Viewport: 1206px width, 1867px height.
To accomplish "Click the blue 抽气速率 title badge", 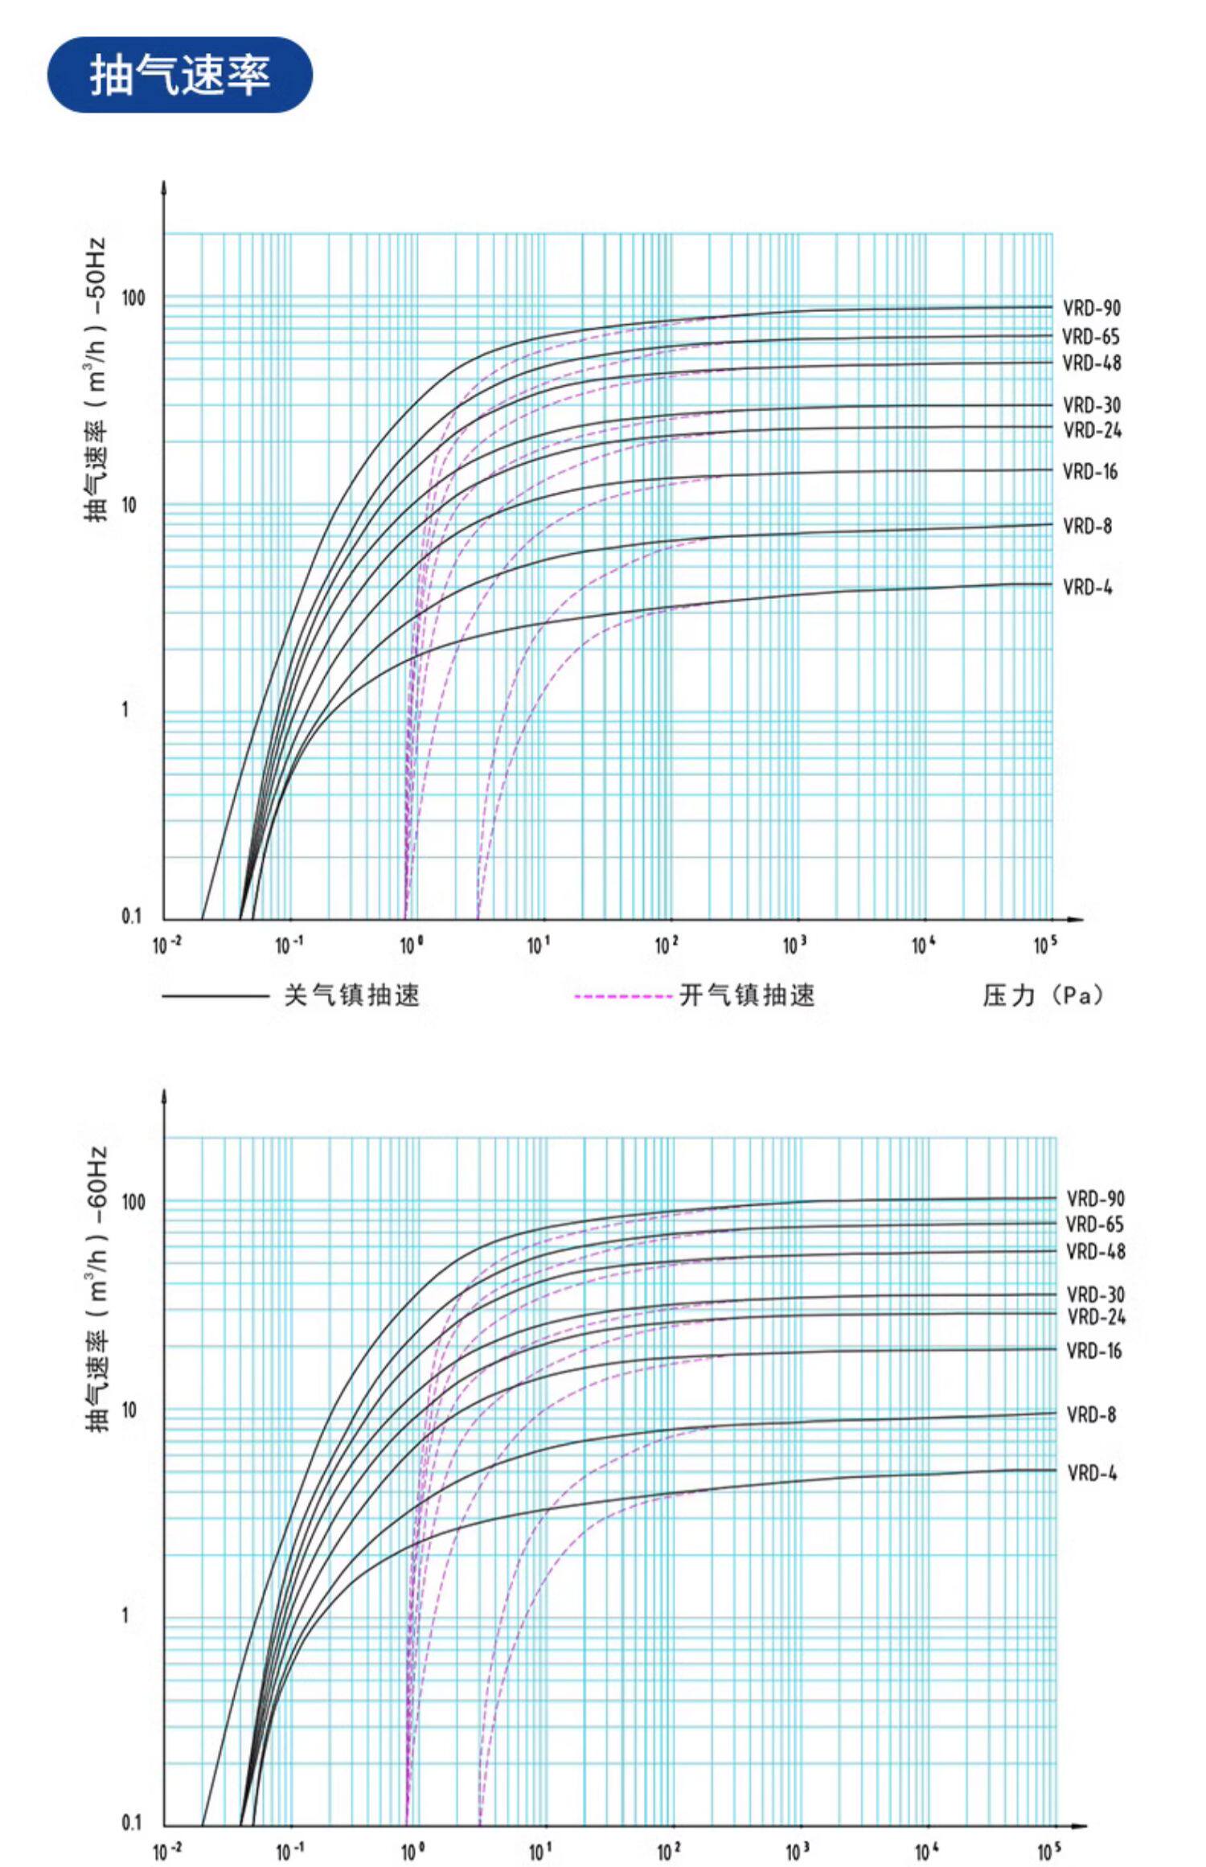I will (179, 75).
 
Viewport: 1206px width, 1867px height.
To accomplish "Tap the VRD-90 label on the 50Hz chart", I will (1091, 308).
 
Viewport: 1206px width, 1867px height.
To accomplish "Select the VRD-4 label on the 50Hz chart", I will (1087, 587).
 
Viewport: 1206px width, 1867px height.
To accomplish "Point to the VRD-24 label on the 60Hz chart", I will (1095, 1317).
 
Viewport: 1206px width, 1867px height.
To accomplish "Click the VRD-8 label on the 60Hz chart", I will (1091, 1414).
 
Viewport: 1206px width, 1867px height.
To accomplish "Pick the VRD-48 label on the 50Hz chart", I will (1091, 363).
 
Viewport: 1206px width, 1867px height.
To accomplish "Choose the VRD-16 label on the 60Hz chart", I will (1093, 1351).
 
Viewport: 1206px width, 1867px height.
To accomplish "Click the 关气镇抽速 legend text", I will (351, 995).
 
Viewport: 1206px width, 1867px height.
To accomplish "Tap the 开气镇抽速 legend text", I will (747, 995).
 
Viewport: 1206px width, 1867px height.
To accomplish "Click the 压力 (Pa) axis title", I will (1043, 995).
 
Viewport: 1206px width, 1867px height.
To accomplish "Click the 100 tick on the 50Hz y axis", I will (133, 298).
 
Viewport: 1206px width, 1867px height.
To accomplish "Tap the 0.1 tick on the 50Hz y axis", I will (131, 917).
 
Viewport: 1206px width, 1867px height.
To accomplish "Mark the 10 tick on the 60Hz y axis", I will (129, 1410).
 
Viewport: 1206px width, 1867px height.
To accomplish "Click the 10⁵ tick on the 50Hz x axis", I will (1045, 946).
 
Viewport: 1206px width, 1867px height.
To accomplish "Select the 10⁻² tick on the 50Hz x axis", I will (166, 946).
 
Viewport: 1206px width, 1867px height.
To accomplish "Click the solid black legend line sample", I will (215, 996).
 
